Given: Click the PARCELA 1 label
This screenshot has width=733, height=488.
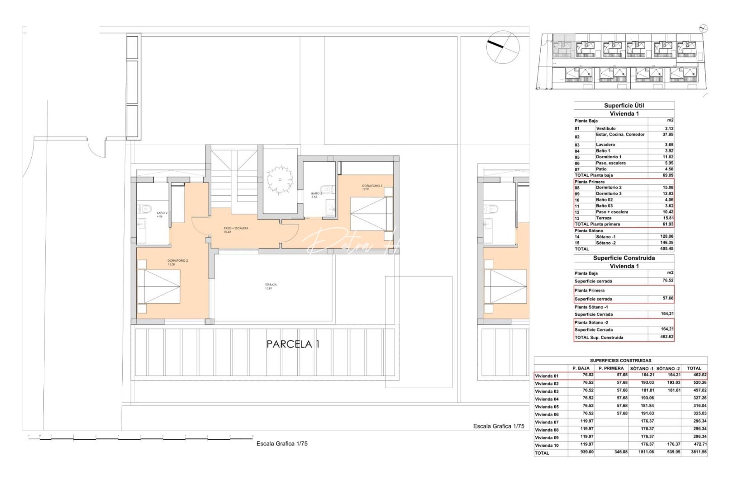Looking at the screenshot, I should (293, 344).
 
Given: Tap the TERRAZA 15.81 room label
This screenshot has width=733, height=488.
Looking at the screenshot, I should (271, 286).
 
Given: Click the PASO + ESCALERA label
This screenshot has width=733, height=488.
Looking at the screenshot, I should (236, 230).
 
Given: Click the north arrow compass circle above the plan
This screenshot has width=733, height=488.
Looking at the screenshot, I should (503, 47).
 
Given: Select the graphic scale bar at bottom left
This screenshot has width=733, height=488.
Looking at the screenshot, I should (140, 438).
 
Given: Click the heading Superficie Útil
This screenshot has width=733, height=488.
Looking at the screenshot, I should (624, 105).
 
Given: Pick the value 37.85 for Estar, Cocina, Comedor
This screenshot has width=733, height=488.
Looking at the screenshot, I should (668, 135).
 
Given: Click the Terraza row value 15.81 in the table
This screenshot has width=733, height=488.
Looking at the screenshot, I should (668, 218).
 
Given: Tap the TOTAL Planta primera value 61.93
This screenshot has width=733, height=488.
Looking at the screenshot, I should (668, 224).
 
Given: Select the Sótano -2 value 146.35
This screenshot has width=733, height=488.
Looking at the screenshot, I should (666, 243).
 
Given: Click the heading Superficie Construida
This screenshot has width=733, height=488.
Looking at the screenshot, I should (624, 258).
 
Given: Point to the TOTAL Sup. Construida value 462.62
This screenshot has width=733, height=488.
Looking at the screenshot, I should (666, 337).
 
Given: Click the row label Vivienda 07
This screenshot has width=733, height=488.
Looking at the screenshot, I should (547, 422).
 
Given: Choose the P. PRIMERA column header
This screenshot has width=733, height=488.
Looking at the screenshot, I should (611, 368).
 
